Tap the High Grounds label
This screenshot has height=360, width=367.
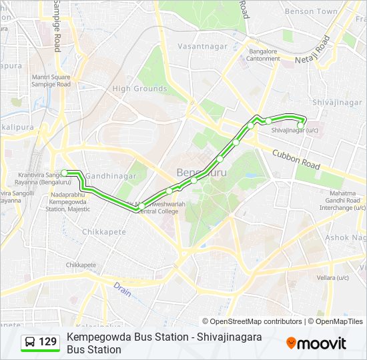(139, 89)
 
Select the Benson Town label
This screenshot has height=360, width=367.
(311, 12)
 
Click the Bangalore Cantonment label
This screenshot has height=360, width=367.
(264, 55)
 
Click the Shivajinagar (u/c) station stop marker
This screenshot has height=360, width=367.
(301, 125)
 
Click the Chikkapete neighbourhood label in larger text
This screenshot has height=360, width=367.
(103, 231)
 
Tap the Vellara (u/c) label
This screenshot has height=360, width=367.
(333, 277)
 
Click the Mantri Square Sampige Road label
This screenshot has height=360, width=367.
(51, 81)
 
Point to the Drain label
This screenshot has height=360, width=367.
(121, 289)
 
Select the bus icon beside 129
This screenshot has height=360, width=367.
(30, 343)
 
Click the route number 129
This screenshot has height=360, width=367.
(48, 343)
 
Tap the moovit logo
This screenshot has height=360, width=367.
(316, 343)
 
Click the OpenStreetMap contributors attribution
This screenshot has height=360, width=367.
(252, 321)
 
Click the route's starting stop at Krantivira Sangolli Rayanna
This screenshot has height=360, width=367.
(65, 173)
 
